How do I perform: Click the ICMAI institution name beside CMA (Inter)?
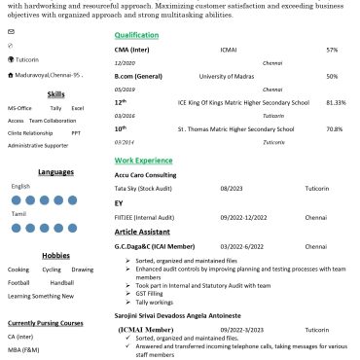(228, 49)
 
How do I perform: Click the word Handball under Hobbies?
(62, 282)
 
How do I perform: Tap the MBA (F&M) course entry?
(23, 349)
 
